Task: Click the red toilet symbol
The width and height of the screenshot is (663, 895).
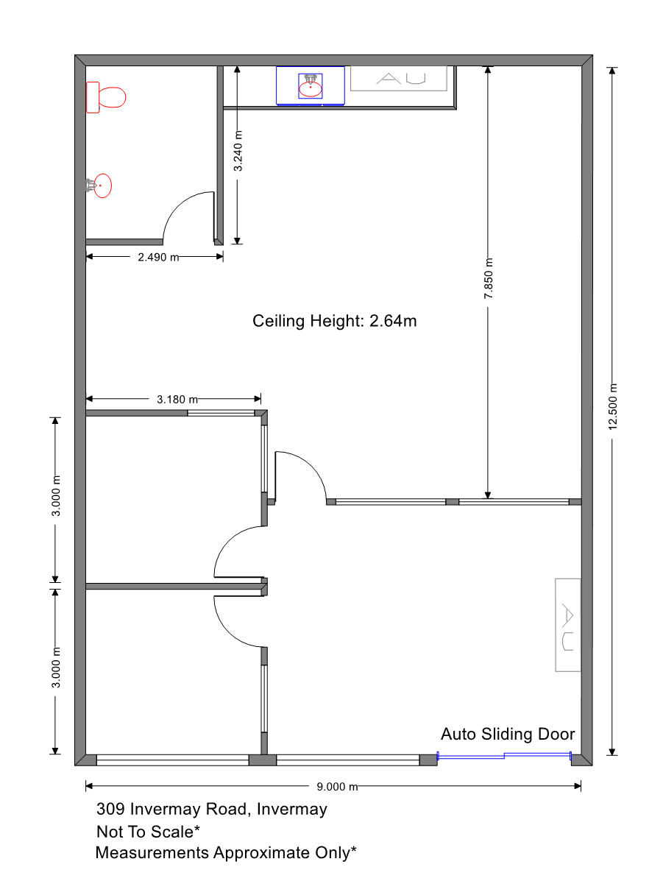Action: pos(106,97)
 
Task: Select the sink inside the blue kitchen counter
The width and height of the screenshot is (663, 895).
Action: pos(310,86)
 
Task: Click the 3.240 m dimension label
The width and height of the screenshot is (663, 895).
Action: pos(238,150)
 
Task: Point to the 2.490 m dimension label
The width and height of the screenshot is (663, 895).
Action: pos(158,257)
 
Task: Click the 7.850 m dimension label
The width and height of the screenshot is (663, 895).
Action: pos(489,278)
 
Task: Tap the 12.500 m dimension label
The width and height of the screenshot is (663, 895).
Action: pos(612,406)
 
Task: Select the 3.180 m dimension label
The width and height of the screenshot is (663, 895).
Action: pos(177,400)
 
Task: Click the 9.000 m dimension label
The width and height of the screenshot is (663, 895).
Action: pos(337,787)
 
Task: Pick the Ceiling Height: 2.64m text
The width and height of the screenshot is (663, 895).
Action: pos(334,321)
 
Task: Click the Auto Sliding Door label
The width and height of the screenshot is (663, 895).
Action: pos(507,734)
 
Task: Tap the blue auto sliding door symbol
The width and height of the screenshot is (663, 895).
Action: pos(504,756)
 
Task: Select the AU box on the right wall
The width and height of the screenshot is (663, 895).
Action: pos(567,625)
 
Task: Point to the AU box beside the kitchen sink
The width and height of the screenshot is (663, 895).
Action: pos(399,79)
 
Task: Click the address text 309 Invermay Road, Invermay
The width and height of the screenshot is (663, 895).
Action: pos(211,809)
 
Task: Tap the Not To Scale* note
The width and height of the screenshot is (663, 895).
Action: pos(148,832)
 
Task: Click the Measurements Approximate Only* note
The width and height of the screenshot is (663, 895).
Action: pos(226,852)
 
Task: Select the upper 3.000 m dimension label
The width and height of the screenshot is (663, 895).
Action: pos(56,496)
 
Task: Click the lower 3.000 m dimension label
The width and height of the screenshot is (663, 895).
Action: pos(56,668)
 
